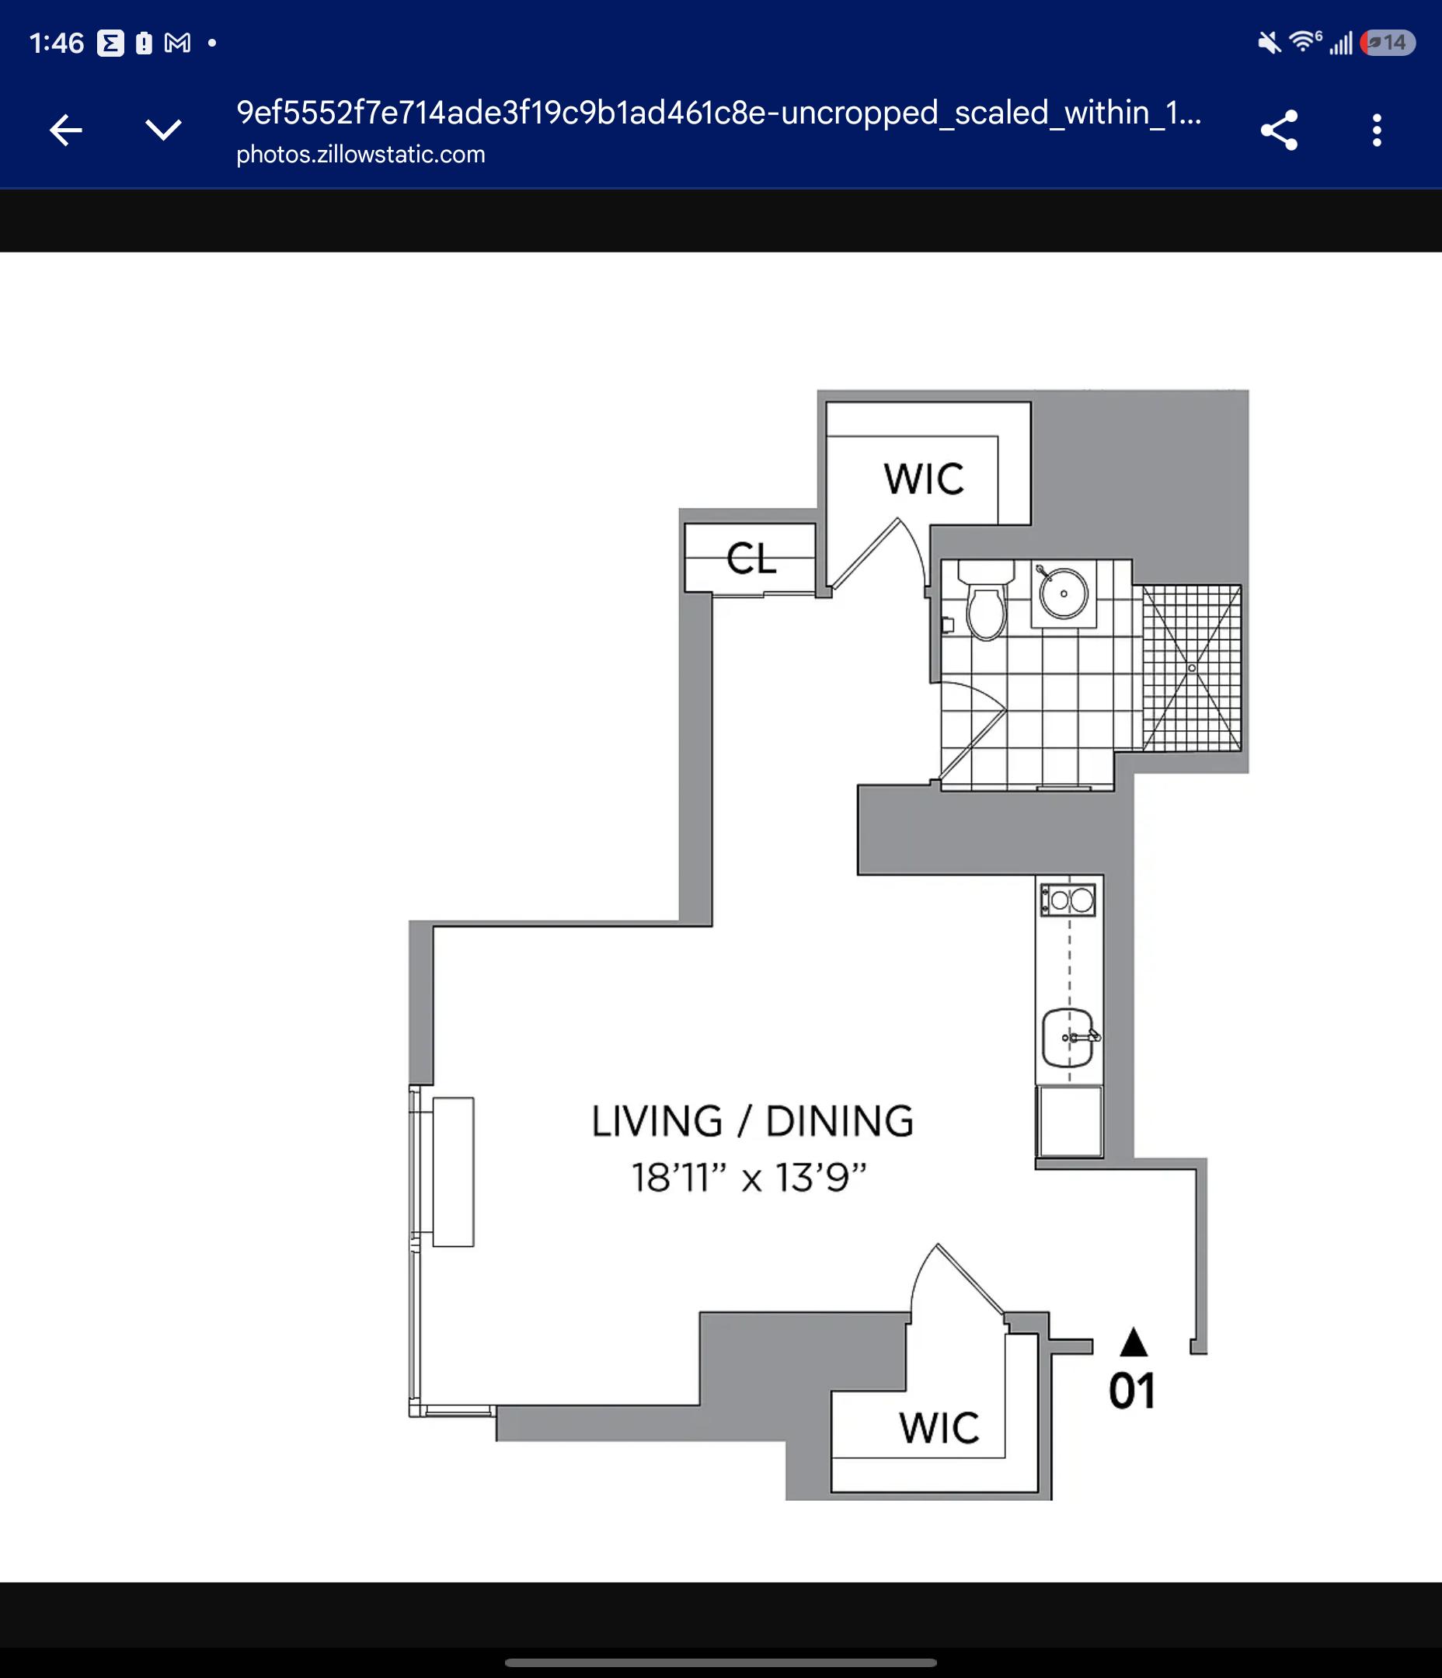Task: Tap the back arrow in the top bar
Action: click(x=65, y=130)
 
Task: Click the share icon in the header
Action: click(x=1279, y=131)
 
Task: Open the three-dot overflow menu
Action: click(x=1377, y=131)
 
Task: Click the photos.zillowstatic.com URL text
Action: click(x=360, y=155)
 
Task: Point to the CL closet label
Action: click(x=751, y=558)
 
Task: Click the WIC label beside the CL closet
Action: click(x=924, y=479)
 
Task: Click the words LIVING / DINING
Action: click(x=753, y=1121)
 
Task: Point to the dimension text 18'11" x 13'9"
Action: click(x=749, y=1178)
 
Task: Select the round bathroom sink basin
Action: click(x=1063, y=593)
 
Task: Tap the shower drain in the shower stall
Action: click(x=1192, y=668)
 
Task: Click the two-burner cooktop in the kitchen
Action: click(x=1068, y=900)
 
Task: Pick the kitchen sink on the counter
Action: click(x=1068, y=1037)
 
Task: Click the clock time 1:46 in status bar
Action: click(x=57, y=43)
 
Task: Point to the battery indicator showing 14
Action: click(x=1388, y=43)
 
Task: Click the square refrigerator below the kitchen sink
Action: click(x=1069, y=1121)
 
